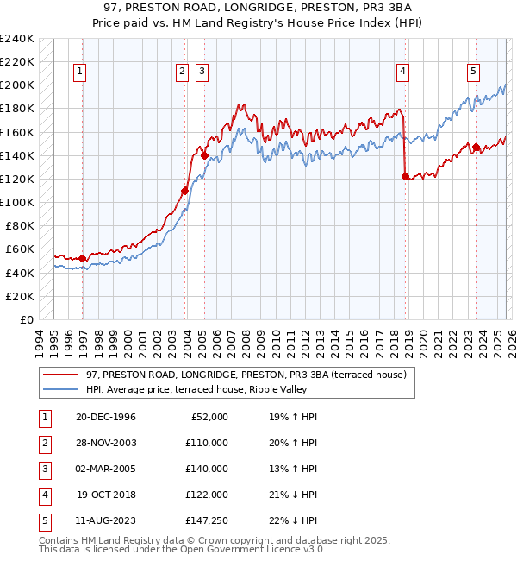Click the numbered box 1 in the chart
tap(79, 72)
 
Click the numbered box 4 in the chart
tap(402, 72)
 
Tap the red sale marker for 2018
tap(405, 176)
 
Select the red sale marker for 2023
tap(476, 147)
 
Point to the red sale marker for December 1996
tap(83, 258)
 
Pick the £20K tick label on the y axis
tap(20, 296)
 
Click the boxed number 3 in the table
tap(45, 469)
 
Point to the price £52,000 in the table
tap(209, 417)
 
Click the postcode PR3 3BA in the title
tap(331, 9)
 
